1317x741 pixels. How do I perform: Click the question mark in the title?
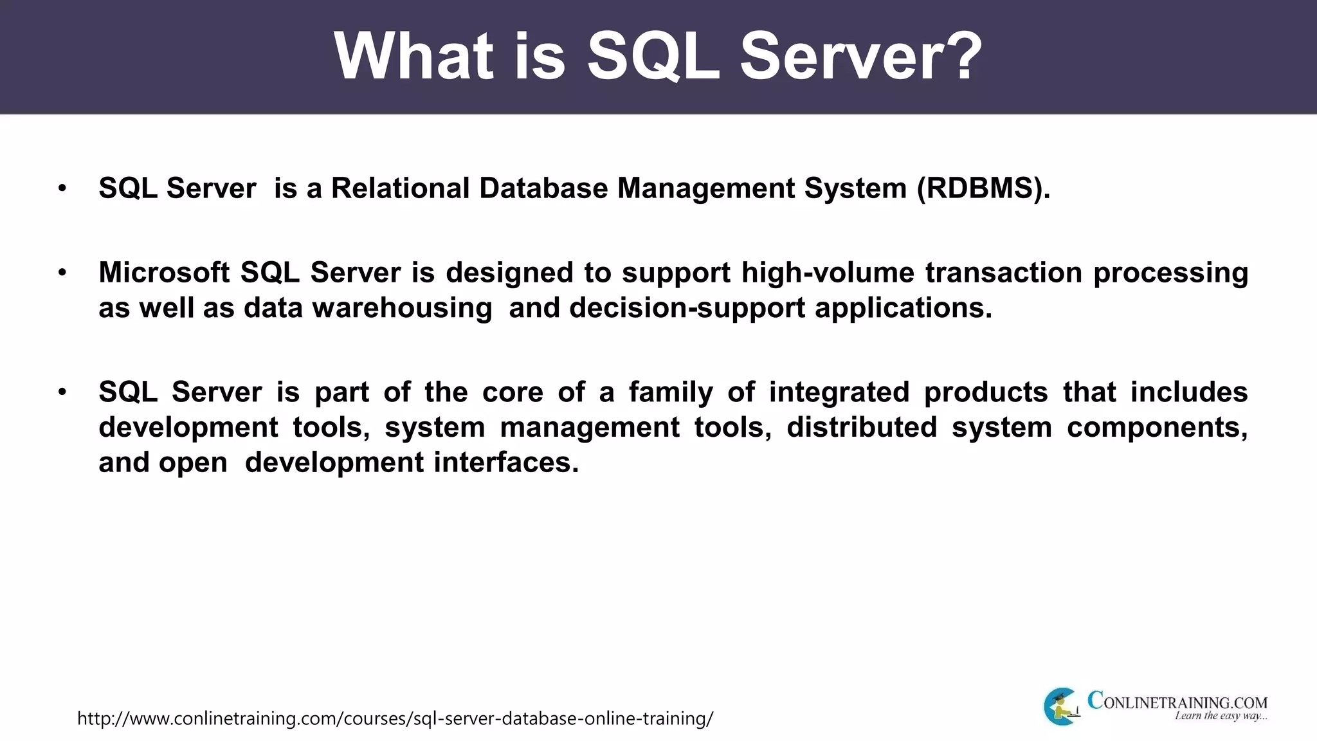click(960, 57)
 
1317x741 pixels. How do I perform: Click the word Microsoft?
click(164, 273)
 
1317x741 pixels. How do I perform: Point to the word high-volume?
click(828, 273)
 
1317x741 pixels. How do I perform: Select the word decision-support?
click(687, 308)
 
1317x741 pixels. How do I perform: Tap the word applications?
click(904, 308)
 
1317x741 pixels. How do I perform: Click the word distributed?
click(862, 428)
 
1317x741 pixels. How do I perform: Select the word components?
click(1157, 428)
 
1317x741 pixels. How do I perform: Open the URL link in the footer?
click(395, 718)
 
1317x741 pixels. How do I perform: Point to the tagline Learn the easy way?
click(1221, 717)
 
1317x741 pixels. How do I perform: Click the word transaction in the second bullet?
click(1004, 273)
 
